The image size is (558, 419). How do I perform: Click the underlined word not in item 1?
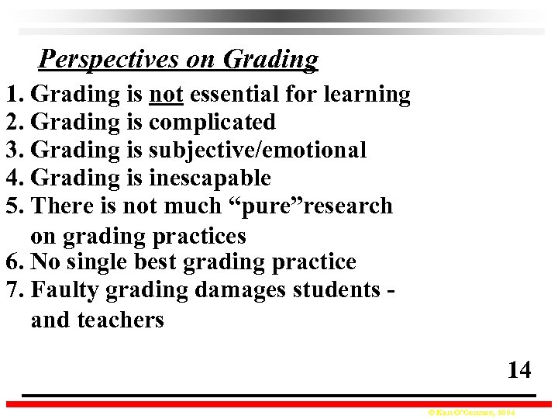pyautogui.click(x=166, y=95)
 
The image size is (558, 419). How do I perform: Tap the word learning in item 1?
pyautogui.click(x=367, y=95)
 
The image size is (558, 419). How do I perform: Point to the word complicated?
pyautogui.click(x=212, y=123)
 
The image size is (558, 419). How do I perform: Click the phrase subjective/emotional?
pyautogui.click(x=257, y=151)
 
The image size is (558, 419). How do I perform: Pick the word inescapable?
pyautogui.click(x=209, y=178)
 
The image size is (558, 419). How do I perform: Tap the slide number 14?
pyautogui.click(x=518, y=370)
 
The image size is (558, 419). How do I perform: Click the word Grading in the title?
pyautogui.click(x=270, y=59)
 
